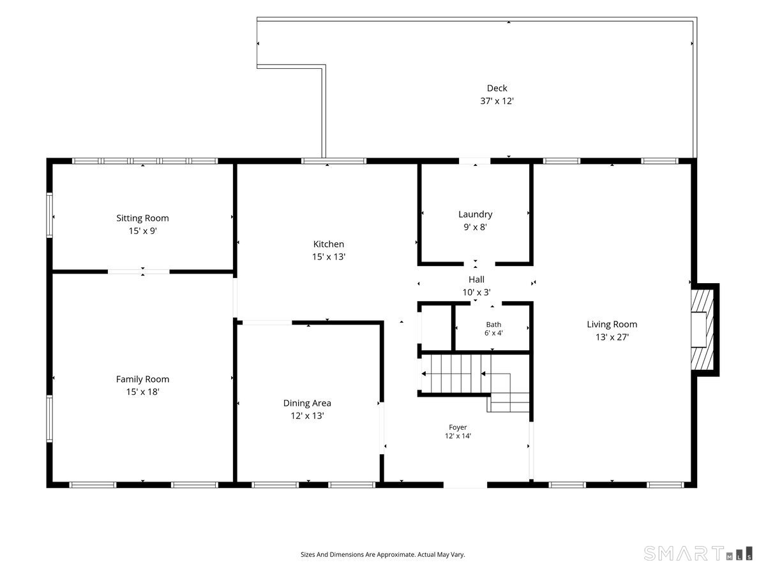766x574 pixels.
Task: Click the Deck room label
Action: (x=497, y=88)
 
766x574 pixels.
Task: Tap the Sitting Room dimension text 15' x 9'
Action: (x=143, y=231)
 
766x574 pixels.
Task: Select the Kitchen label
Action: (x=328, y=244)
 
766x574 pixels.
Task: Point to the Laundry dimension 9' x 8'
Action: (x=475, y=227)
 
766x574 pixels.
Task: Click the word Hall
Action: (x=476, y=279)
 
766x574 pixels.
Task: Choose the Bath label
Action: (x=493, y=325)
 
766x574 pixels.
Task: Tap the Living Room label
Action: (x=612, y=325)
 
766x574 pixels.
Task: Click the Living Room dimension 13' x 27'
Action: (x=612, y=337)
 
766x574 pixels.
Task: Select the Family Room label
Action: (x=142, y=379)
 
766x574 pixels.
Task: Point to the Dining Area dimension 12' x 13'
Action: (x=307, y=415)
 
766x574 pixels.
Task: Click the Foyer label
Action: (x=458, y=427)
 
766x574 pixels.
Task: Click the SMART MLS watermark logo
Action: (x=698, y=554)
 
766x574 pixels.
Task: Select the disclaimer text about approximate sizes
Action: (x=382, y=554)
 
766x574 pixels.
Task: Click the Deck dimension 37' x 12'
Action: (x=497, y=101)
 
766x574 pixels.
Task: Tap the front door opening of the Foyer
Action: (x=465, y=485)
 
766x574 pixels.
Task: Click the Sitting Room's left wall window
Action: (x=50, y=215)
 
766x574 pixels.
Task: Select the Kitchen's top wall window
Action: (x=334, y=161)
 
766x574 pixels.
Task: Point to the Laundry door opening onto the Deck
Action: (x=475, y=161)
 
